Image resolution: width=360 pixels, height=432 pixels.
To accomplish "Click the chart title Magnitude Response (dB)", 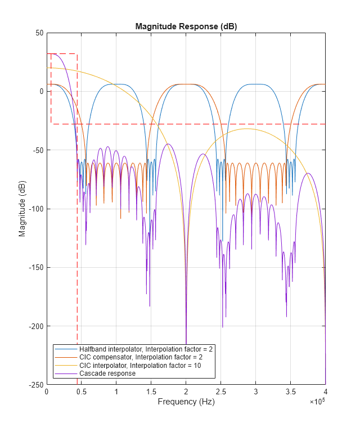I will (186, 27).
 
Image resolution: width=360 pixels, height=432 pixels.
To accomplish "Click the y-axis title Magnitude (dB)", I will (22, 209).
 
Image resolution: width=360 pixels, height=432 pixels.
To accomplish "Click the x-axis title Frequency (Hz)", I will (186, 402).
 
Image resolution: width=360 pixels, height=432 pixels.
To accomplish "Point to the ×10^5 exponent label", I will (317, 402).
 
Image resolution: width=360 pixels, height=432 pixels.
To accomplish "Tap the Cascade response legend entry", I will (107, 373).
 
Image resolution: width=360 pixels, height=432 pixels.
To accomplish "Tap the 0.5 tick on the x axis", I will (81, 392).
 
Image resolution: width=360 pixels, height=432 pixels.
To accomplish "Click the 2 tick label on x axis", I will (186, 392).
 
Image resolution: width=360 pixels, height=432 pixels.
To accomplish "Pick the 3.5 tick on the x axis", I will (290, 392).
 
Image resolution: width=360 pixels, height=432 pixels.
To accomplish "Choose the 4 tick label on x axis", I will (325, 392).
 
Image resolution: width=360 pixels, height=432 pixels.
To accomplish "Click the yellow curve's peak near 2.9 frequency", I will (247, 129).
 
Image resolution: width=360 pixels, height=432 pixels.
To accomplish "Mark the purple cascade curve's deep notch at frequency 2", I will (186, 332).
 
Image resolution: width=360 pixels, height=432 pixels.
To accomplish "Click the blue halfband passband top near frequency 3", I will (255, 84).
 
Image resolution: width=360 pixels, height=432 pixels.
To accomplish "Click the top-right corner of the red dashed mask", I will (77, 54).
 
